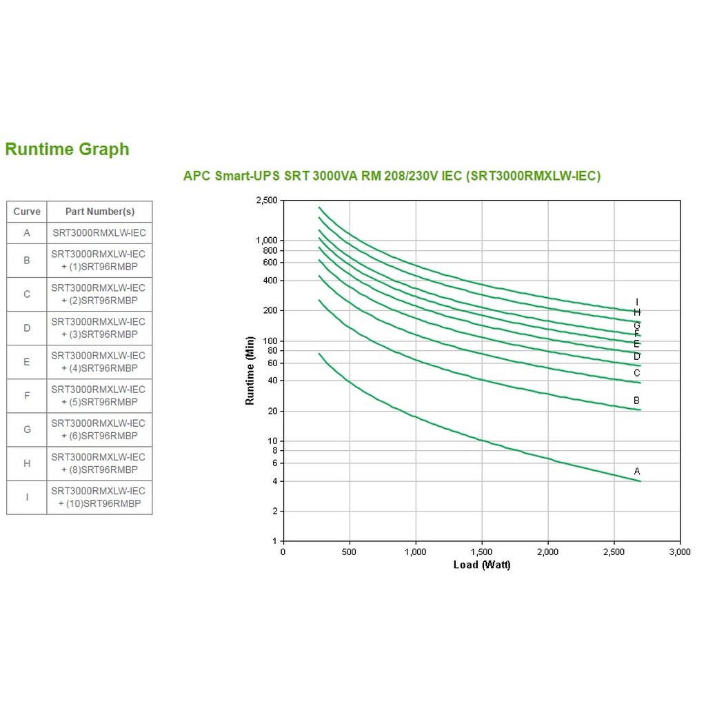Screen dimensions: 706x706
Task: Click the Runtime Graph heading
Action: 67,150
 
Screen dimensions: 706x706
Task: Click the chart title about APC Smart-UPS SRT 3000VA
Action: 392,176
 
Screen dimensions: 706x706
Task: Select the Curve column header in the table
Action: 27,212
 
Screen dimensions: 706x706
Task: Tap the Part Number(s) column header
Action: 99,212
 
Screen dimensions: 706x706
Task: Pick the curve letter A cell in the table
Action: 27,233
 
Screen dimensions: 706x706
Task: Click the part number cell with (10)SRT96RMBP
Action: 99,497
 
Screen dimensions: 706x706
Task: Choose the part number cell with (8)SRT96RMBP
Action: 99,463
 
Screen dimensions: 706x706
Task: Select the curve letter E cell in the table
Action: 27,362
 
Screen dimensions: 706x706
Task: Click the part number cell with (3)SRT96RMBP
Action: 99,328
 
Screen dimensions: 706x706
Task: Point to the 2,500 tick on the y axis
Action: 266,201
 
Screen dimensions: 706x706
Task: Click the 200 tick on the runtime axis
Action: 270,311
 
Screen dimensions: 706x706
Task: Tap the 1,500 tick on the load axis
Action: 482,552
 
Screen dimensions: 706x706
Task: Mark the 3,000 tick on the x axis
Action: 680,552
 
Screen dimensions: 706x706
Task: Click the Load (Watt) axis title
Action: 482,565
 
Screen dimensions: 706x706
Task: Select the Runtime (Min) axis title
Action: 250,370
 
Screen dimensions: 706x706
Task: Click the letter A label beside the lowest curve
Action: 637,472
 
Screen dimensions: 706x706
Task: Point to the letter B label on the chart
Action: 637,401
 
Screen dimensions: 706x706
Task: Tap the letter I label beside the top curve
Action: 637,302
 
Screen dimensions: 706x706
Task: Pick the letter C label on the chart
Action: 637,374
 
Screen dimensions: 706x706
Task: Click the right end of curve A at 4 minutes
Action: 640,481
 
